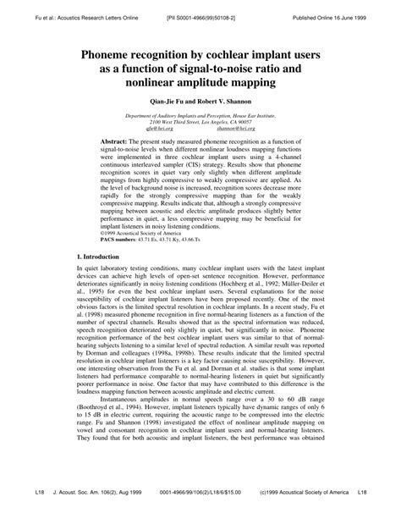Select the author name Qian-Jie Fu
click(x=168, y=101)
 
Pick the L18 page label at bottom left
click(x=16, y=503)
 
